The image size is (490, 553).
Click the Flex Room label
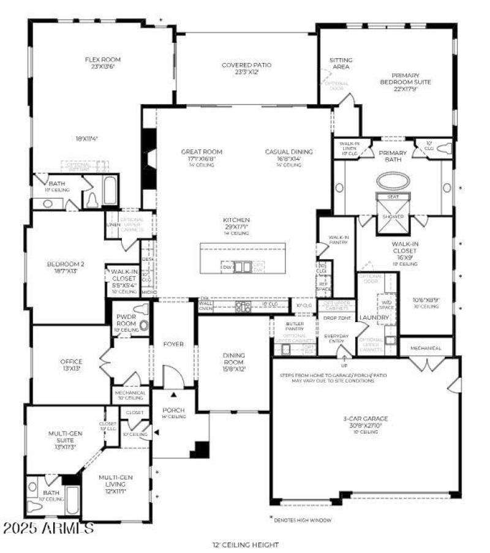coord(103,60)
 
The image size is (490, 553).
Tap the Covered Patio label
coord(246,65)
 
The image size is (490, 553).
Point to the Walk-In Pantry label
coord(339,240)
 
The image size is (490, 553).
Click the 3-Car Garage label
coord(365,419)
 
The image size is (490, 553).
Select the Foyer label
coord(173,344)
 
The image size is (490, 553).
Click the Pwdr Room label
coord(126,319)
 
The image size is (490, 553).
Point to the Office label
coord(71,362)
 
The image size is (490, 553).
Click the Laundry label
coord(374,318)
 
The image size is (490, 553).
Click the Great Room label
coord(202,152)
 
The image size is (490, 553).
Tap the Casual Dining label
coord(288,152)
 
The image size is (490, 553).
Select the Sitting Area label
coord(340,63)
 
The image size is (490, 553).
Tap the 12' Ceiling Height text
coord(245,544)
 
